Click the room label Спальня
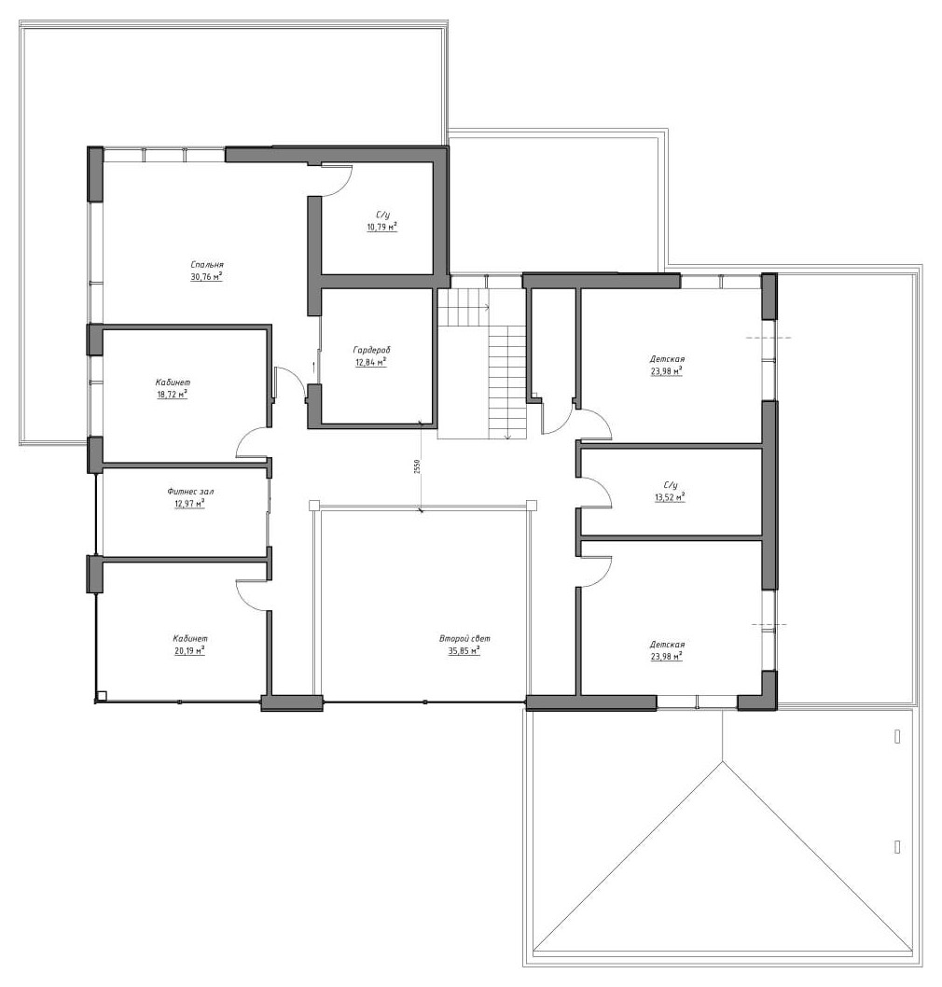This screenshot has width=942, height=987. coord(207,265)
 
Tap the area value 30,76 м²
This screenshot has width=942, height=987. coord(206,276)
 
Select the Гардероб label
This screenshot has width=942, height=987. coord(372,350)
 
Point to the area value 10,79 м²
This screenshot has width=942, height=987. coord(382,227)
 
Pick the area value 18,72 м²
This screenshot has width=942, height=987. coord(173,394)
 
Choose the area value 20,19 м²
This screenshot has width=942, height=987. coord(190,650)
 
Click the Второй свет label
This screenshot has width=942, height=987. coord(464,639)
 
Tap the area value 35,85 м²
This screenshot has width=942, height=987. coord(464,651)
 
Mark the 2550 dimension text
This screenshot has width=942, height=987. coord(417,466)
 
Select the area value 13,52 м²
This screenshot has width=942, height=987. coord(671,496)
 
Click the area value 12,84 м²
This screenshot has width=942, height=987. coord(370,362)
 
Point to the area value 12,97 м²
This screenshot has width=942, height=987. coord(190,504)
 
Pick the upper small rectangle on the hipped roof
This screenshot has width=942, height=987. coord(897,736)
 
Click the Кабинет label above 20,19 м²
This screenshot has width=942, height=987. coord(190,639)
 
